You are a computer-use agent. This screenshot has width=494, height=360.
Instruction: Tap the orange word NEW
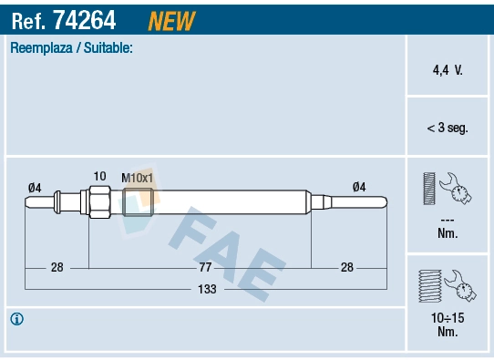pyautogui.click(x=170, y=19)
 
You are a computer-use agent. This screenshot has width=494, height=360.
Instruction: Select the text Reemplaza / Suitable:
pyautogui.click(x=72, y=47)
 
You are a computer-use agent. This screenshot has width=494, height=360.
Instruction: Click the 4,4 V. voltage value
pyautogui.click(x=447, y=68)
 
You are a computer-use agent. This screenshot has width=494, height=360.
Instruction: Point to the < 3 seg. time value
pyautogui.click(x=447, y=128)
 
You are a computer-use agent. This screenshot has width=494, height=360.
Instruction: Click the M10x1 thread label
pyautogui.click(x=138, y=177)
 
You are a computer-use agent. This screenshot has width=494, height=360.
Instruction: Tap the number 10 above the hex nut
pyautogui.click(x=100, y=176)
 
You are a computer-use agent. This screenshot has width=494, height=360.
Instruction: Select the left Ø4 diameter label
pyautogui.click(x=35, y=187)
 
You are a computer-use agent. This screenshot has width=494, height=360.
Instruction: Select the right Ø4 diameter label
pyautogui.click(x=359, y=187)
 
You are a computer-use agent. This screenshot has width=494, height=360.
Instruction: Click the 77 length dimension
pyautogui.click(x=205, y=267)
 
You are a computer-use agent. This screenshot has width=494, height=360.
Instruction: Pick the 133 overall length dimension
pyautogui.click(x=205, y=289)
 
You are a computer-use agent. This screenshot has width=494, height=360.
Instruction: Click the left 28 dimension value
pyautogui.click(x=57, y=267)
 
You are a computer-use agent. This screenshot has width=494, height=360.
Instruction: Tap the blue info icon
pyautogui.click(x=16, y=319)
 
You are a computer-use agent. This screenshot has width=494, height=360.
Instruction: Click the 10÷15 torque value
pyautogui.click(x=447, y=319)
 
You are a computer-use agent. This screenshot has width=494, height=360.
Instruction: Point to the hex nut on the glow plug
pyautogui.click(x=98, y=200)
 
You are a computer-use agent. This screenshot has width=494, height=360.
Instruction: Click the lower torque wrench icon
pyautogui.click(x=446, y=286)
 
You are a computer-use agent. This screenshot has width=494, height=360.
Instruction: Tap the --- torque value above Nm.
pyautogui.click(x=447, y=220)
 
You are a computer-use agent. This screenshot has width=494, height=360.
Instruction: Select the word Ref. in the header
pyautogui.click(x=28, y=19)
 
